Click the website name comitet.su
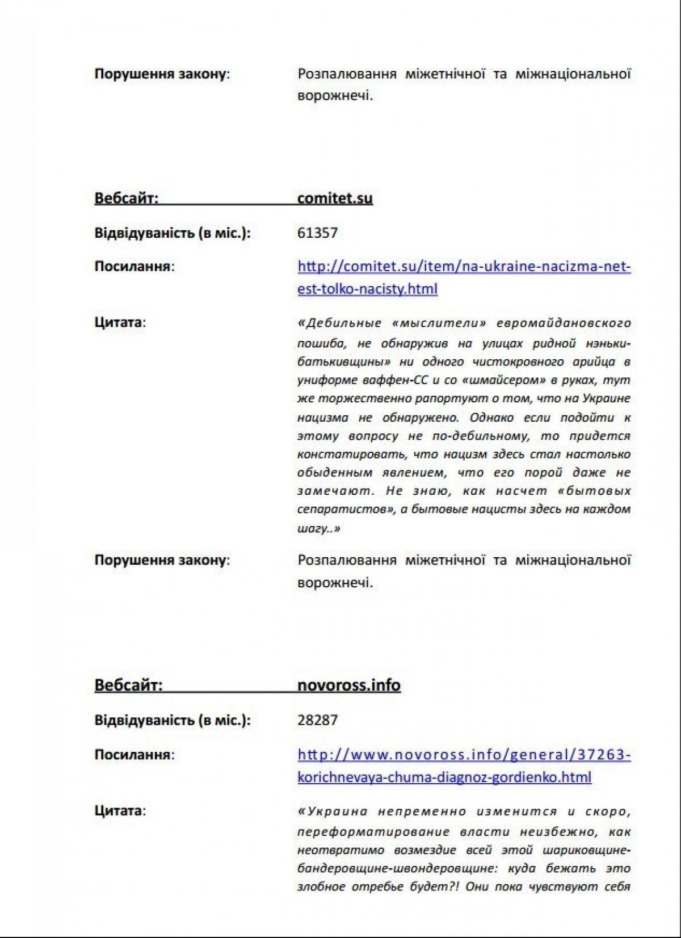click(335, 198)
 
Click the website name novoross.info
click(348, 685)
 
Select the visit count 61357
click(317, 233)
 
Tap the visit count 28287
click(317, 720)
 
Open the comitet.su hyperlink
click(464, 267)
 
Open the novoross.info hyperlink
click(464, 755)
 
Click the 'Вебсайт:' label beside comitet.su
click(127, 198)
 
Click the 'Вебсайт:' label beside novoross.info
click(128, 685)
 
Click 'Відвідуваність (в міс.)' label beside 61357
click(173, 233)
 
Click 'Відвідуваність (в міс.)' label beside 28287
click(173, 720)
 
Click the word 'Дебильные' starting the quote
click(342, 323)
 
